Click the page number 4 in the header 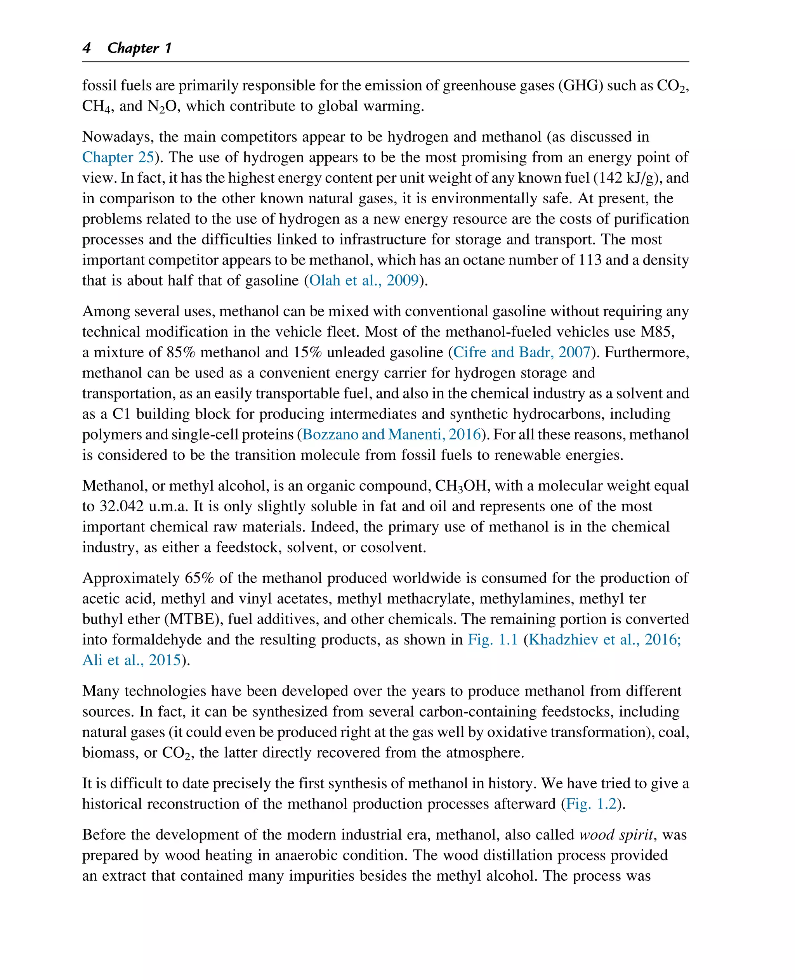(x=87, y=48)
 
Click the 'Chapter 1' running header (x=139, y=48)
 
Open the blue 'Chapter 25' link (x=118, y=157)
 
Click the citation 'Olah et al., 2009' (x=364, y=280)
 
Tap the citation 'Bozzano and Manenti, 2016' (x=392, y=434)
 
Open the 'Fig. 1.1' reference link (x=492, y=639)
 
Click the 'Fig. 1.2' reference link (x=591, y=804)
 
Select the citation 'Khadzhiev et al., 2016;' (x=605, y=639)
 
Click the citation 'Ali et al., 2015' (x=132, y=660)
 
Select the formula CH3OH (x=461, y=486)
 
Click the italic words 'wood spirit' (x=616, y=835)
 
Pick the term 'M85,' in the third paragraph (x=658, y=331)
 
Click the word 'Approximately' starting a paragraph (x=130, y=578)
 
